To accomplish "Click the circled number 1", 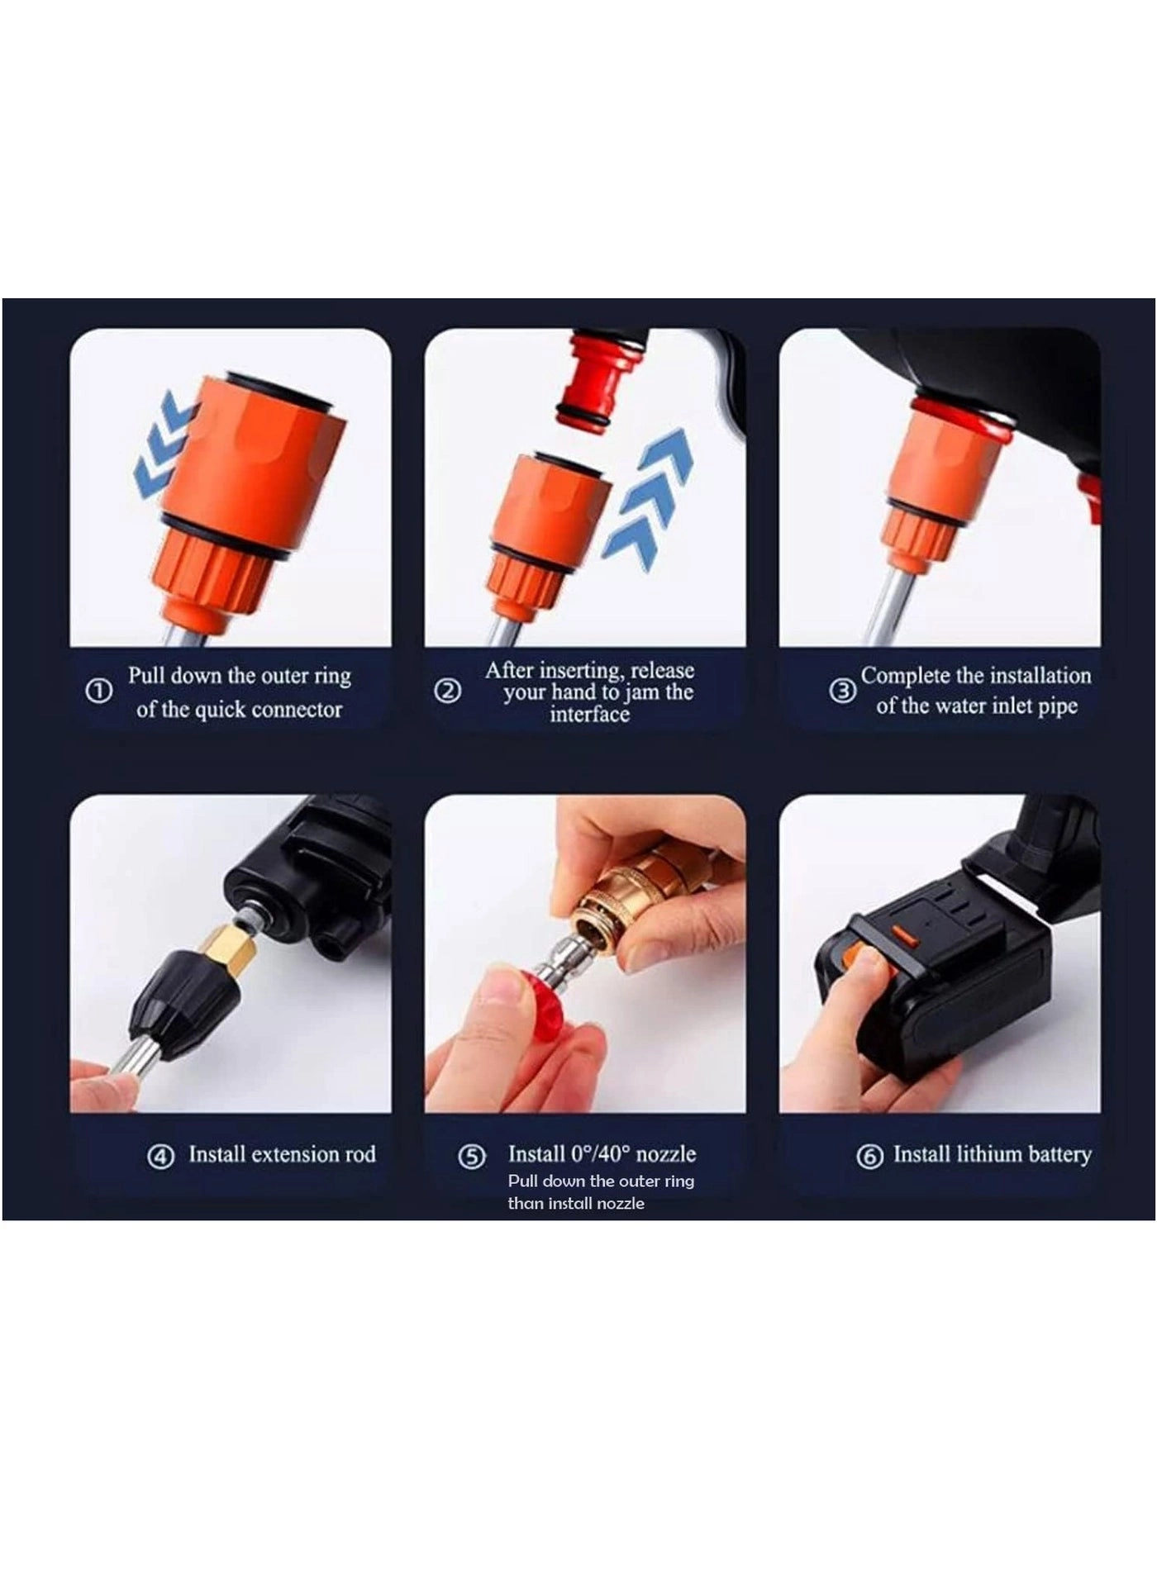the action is pyautogui.click(x=99, y=691).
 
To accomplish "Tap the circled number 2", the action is pyautogui.click(x=447, y=691).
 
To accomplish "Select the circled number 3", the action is pyautogui.click(x=842, y=691).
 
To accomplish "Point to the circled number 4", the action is pyautogui.click(x=160, y=1156).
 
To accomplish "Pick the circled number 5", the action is pyautogui.click(x=471, y=1156).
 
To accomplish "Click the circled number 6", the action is pyautogui.click(x=869, y=1156).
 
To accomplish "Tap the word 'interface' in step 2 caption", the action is pyautogui.click(x=589, y=715).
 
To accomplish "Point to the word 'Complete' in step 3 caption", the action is pyautogui.click(x=905, y=676).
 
